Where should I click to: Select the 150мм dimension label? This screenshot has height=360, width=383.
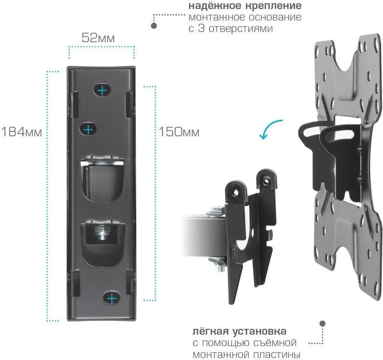179,131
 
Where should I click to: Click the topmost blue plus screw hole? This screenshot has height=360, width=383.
102,90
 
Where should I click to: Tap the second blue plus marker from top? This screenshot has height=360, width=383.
88,129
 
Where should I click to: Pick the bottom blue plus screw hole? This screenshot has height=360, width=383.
112,298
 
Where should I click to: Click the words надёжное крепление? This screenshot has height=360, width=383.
245,7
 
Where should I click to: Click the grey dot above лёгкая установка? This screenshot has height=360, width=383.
323,324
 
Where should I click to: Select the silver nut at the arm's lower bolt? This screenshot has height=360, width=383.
219,264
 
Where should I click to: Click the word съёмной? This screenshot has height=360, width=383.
274,343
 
